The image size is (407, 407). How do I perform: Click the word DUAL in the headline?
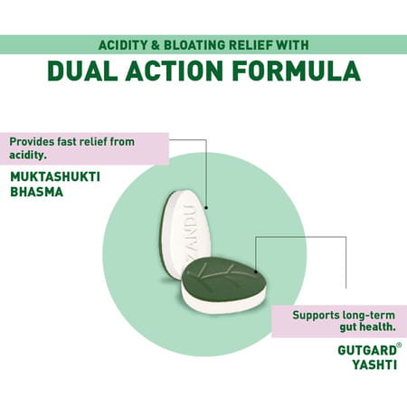tap(89, 71)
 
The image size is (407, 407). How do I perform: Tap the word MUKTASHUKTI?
tap(54, 177)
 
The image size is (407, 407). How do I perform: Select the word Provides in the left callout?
tap(33, 141)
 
